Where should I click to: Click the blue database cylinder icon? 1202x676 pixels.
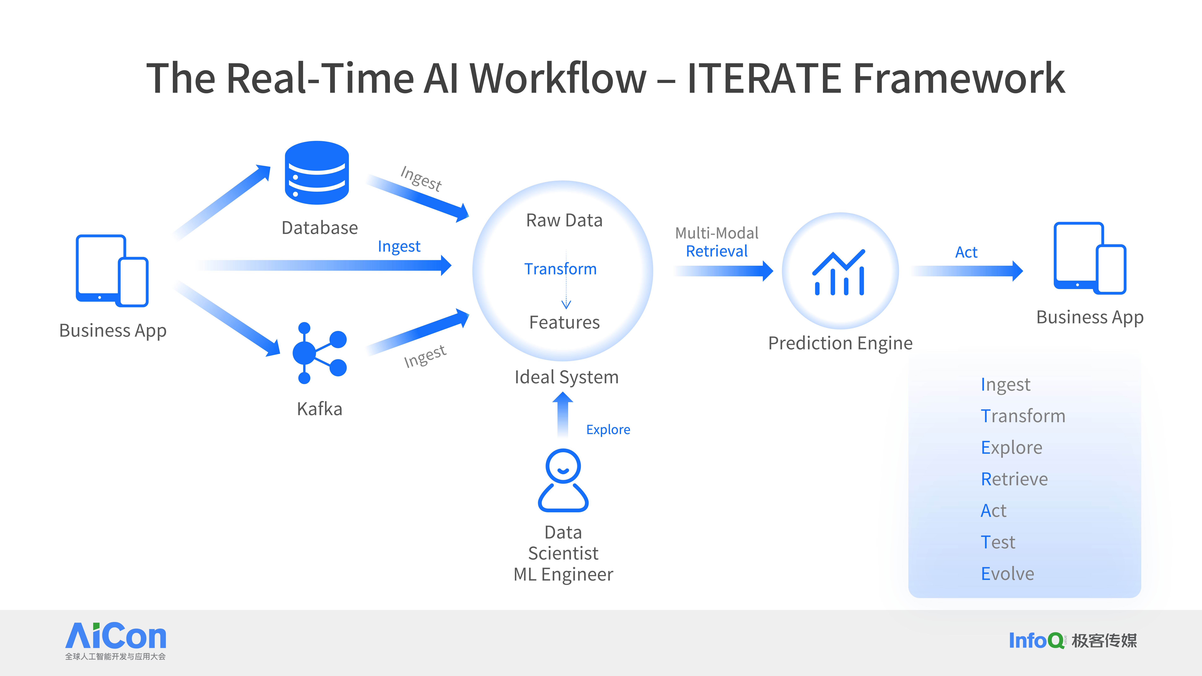click(317, 173)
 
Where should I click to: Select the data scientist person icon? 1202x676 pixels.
click(563, 480)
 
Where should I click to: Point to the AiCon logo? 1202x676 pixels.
click(116, 640)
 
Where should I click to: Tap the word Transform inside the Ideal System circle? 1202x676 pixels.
click(560, 269)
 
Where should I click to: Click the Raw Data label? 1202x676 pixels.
click(564, 220)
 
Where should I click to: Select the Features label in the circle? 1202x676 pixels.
click(564, 322)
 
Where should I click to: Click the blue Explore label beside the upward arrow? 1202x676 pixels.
click(608, 430)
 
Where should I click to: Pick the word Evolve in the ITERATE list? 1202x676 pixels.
click(1007, 573)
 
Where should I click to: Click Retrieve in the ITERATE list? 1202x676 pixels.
click(1014, 479)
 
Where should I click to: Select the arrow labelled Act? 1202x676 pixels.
click(967, 271)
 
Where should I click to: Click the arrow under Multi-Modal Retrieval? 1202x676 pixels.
click(723, 271)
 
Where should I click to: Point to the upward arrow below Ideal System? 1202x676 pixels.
click(563, 414)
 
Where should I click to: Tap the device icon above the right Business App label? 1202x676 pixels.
click(1090, 258)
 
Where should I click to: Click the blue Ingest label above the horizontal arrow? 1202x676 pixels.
click(399, 246)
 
